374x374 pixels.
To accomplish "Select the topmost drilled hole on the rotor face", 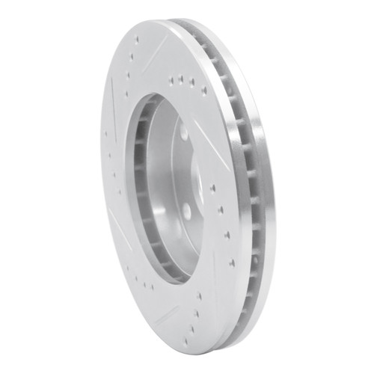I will [137, 40].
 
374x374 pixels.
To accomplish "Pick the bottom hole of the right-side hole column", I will [232, 263].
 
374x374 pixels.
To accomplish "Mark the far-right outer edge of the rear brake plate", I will [275, 194].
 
